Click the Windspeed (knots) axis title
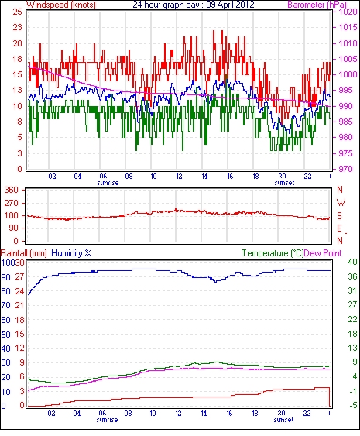[x=60, y=5]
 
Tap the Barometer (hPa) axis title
[x=317, y=5]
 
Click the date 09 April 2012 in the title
[x=231, y=5]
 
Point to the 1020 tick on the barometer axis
[x=348, y=12]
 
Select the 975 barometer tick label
[x=345, y=153]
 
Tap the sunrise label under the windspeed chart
[x=108, y=183]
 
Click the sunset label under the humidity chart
[x=283, y=420]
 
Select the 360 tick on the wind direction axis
[x=11, y=191]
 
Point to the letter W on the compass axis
[x=341, y=203]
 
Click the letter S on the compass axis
[x=339, y=215]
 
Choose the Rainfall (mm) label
[x=24, y=253]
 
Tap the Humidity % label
[x=71, y=253]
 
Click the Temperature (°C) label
[x=273, y=253]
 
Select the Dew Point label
[x=323, y=253]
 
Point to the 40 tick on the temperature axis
[x=352, y=262]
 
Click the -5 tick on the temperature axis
[x=353, y=406]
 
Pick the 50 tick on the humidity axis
[x=6, y=335]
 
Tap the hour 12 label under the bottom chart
[x=178, y=414]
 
